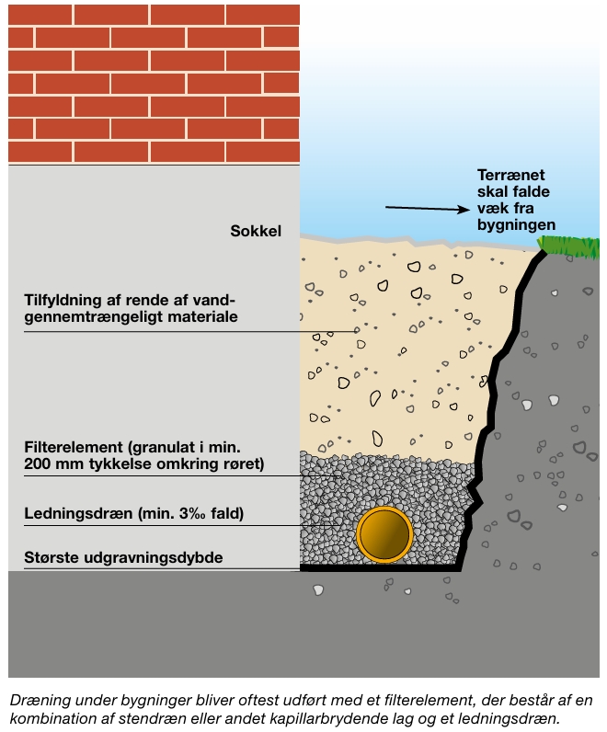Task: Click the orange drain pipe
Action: [384, 534]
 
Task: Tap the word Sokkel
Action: [256, 231]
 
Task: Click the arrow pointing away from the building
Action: [428, 209]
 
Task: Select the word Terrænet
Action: [510, 175]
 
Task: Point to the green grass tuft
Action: [568, 246]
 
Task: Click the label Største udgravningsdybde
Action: [123, 557]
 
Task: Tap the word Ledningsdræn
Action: [78, 513]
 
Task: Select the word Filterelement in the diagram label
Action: [74, 447]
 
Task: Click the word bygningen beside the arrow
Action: [517, 225]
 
